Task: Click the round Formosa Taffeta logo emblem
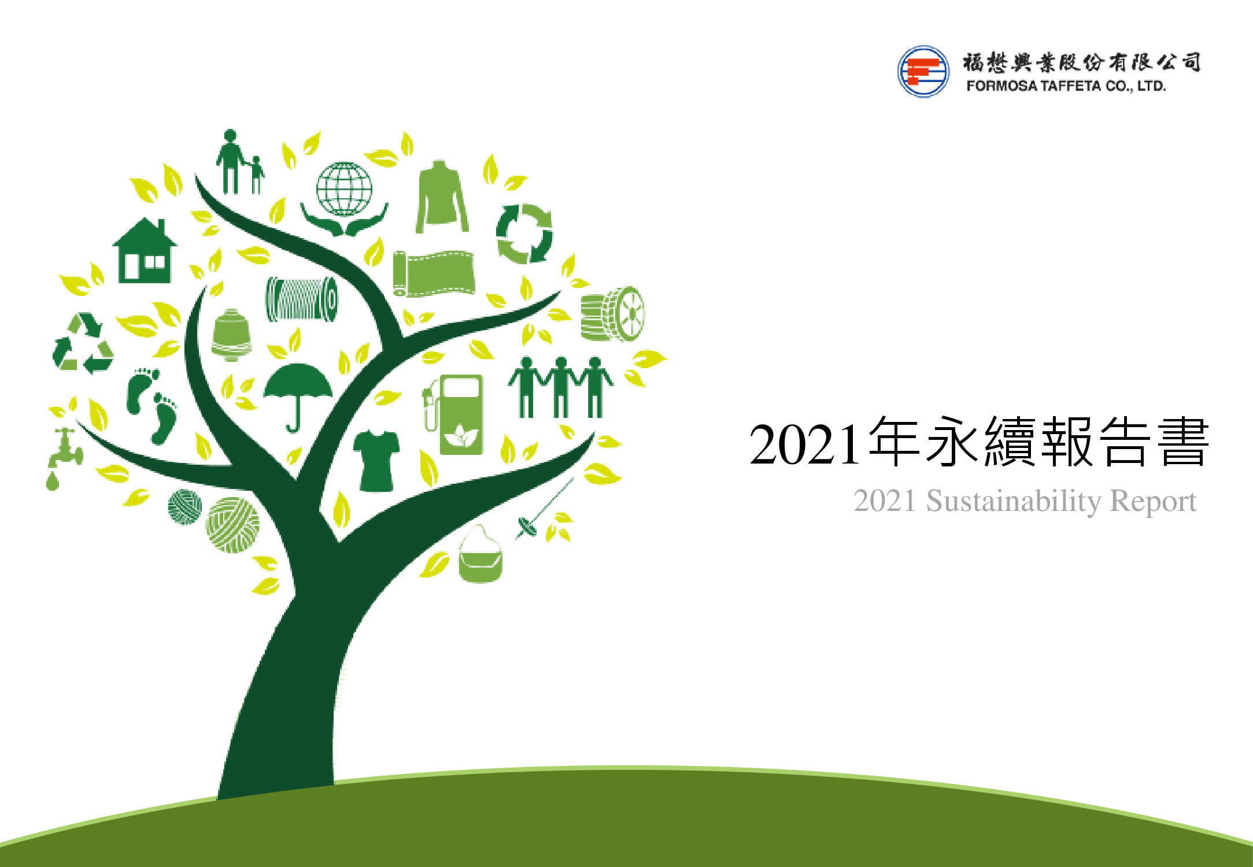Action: (x=923, y=72)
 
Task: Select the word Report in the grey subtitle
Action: (x=1153, y=501)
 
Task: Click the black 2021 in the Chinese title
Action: (x=804, y=444)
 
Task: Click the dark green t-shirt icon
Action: (x=376, y=460)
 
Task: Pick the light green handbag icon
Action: (x=480, y=556)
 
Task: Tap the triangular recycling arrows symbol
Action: (x=82, y=343)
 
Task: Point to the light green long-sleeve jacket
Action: (x=442, y=198)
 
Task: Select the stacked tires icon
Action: (x=612, y=314)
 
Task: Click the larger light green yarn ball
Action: (x=233, y=525)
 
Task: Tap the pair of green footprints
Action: (x=152, y=405)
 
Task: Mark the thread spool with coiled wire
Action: (x=301, y=299)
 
